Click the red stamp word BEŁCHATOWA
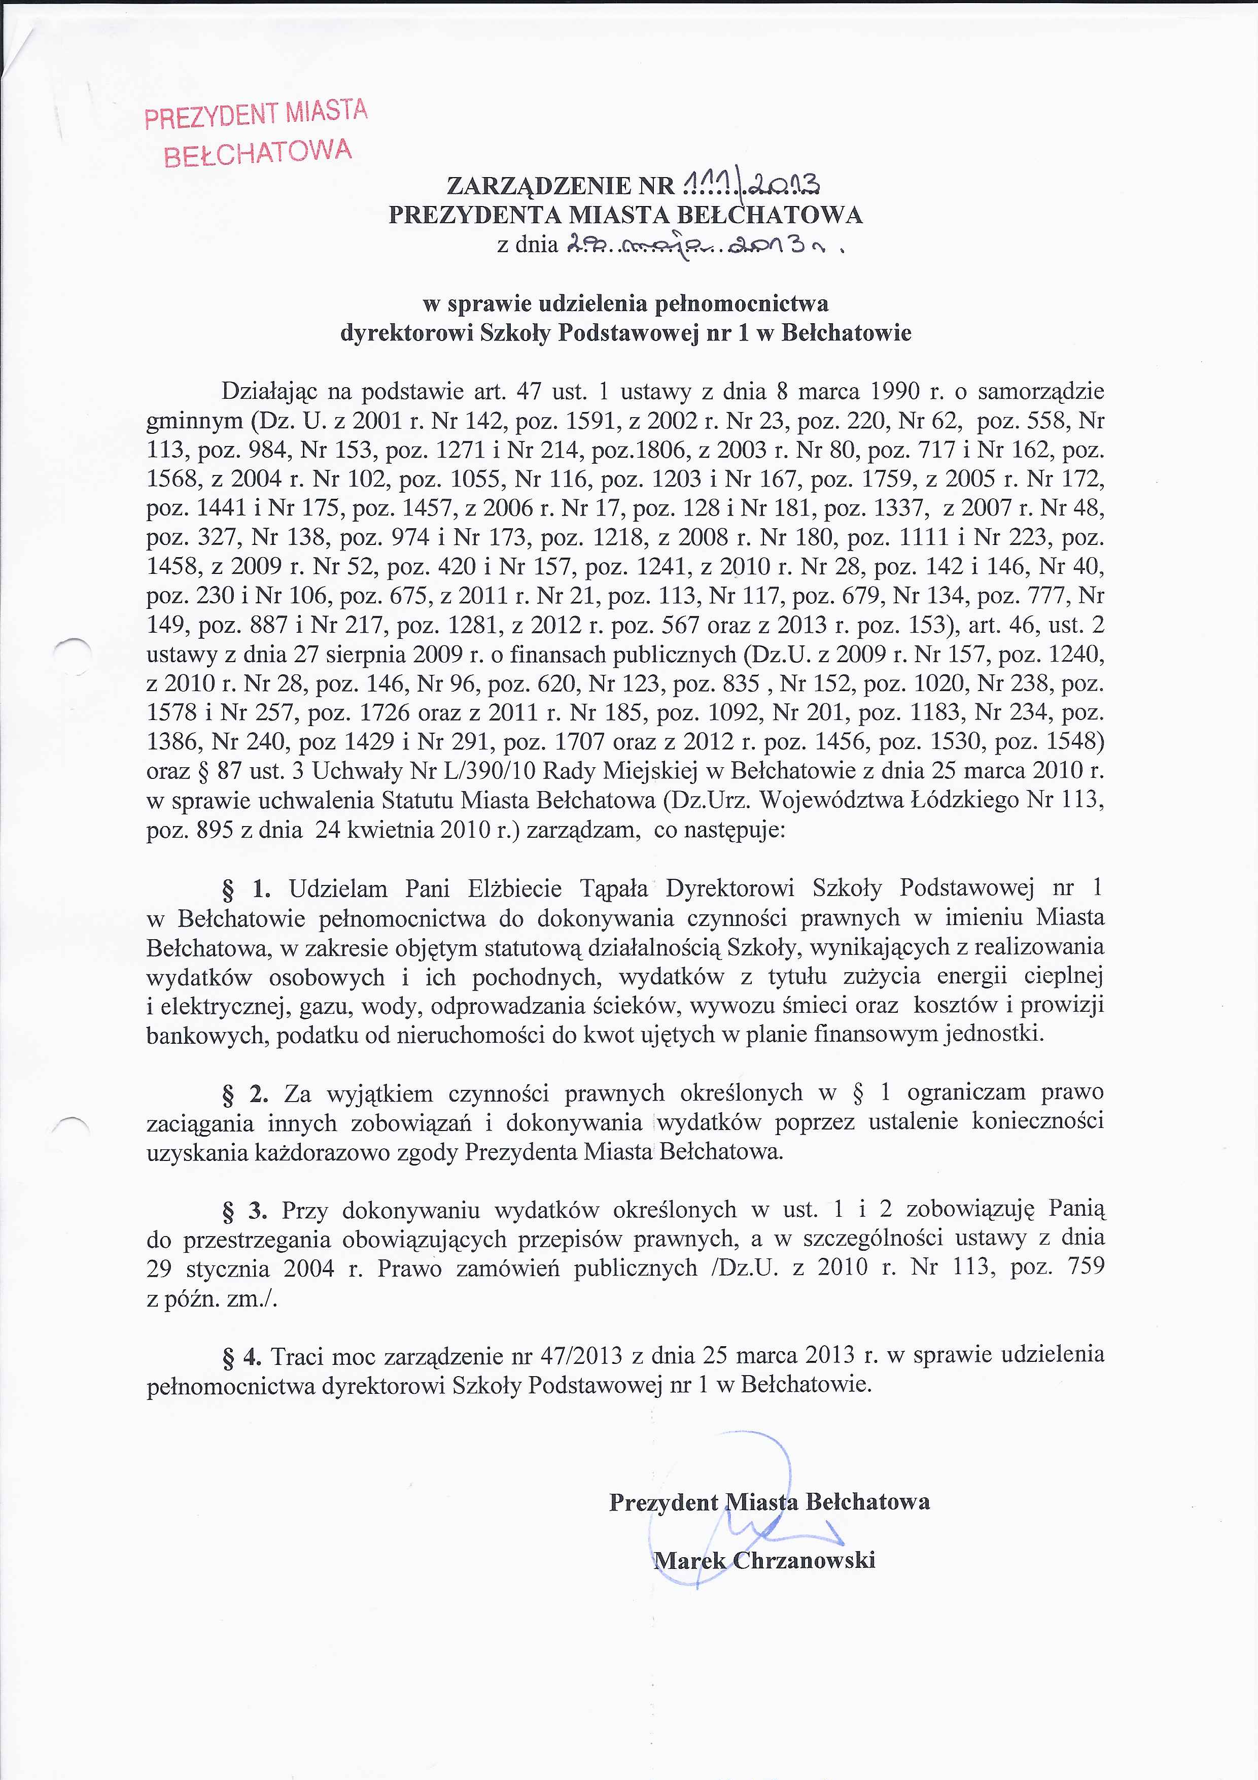pos(258,152)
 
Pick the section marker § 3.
pos(244,1210)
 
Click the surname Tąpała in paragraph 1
pos(614,888)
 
